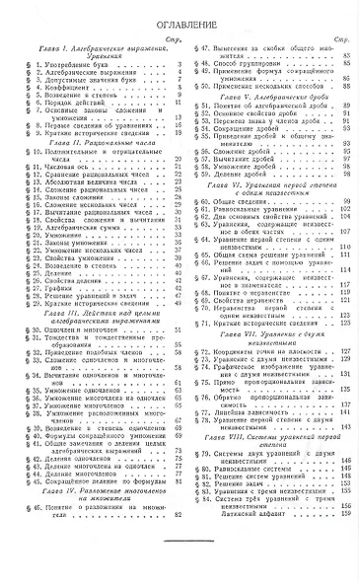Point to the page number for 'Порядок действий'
click(167, 126)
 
